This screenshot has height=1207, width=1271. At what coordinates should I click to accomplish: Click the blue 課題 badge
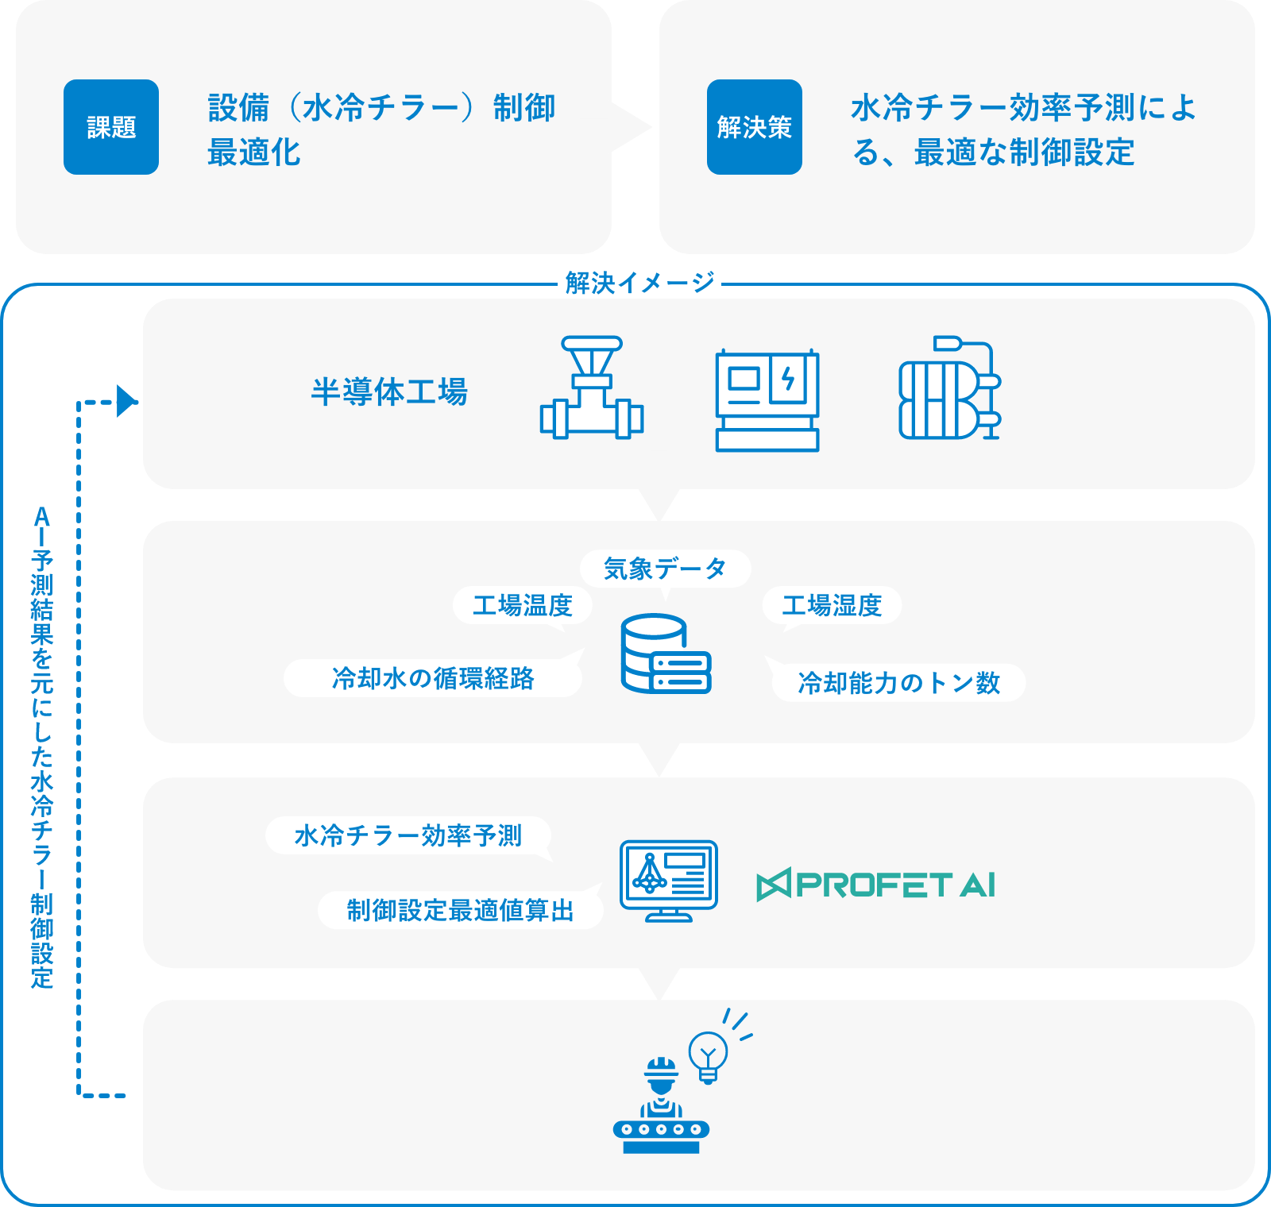pos(111,127)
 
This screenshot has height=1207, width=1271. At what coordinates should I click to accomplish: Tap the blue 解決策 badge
pos(754,127)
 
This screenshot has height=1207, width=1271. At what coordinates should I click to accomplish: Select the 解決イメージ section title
pos(639,283)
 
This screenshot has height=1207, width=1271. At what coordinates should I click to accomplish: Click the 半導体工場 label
pos(389,392)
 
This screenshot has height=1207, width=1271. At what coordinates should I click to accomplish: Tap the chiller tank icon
pos(949,388)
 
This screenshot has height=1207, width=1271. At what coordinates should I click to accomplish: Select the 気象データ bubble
pos(665,569)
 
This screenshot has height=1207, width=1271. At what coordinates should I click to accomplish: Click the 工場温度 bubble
pos(523,606)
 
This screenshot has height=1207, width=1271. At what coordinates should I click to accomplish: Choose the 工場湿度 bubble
pos(832,606)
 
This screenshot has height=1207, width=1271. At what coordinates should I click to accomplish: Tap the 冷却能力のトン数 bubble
pos(898,683)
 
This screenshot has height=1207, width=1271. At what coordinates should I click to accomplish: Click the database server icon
pos(666,654)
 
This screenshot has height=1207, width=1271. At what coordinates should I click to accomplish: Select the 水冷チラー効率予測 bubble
pos(408,835)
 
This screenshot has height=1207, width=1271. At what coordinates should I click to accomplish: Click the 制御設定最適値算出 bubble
pos(461,910)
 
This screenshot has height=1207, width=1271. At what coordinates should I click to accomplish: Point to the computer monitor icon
pos(669,880)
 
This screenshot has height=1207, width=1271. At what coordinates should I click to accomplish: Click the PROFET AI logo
pos(876,885)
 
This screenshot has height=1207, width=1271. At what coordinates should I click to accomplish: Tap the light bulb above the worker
pos(708,1055)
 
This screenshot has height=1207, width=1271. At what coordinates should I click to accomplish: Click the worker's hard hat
pos(661,1068)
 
